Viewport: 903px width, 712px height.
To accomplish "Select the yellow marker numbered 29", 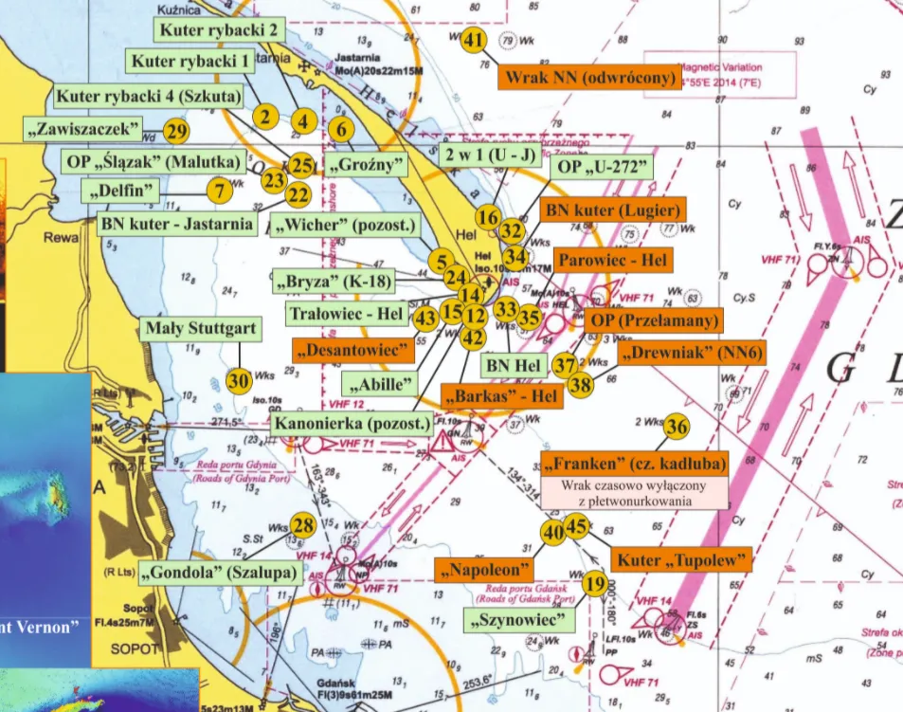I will (x=176, y=131).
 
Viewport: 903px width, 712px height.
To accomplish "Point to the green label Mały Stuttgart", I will (x=201, y=330).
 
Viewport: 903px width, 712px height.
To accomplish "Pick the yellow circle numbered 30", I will (x=239, y=380).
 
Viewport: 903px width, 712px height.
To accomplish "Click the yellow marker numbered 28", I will (x=302, y=525).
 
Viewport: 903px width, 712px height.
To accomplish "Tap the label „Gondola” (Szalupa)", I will (x=223, y=574).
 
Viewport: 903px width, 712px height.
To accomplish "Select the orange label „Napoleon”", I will (x=484, y=570).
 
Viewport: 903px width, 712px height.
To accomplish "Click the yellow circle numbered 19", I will (x=594, y=584).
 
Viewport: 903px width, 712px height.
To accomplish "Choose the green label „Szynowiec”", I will (x=521, y=621).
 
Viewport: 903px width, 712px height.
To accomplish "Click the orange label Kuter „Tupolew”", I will (x=682, y=559).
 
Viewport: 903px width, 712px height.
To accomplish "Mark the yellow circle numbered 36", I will (x=676, y=427).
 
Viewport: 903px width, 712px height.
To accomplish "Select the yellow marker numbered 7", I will (x=219, y=190).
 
